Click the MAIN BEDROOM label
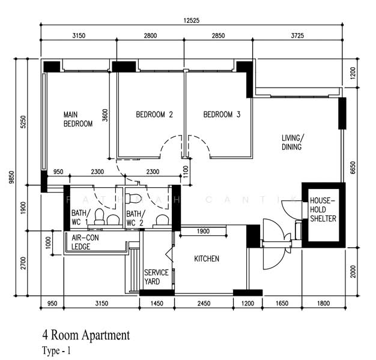coord(78,119)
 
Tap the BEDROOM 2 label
coord(154,115)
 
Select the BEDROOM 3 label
coord(222,115)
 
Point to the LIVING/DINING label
coord(293,142)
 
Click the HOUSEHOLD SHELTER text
coord(323,209)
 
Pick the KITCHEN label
coord(206,259)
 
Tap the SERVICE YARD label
coord(156,277)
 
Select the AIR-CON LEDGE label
coord(85,242)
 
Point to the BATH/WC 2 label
coord(135,218)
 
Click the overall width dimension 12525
coord(192,20)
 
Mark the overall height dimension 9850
coord(11,178)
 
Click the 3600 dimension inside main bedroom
coord(105,115)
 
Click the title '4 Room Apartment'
coord(85,335)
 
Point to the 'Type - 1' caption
coord(56,350)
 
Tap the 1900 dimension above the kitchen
coord(203,232)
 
